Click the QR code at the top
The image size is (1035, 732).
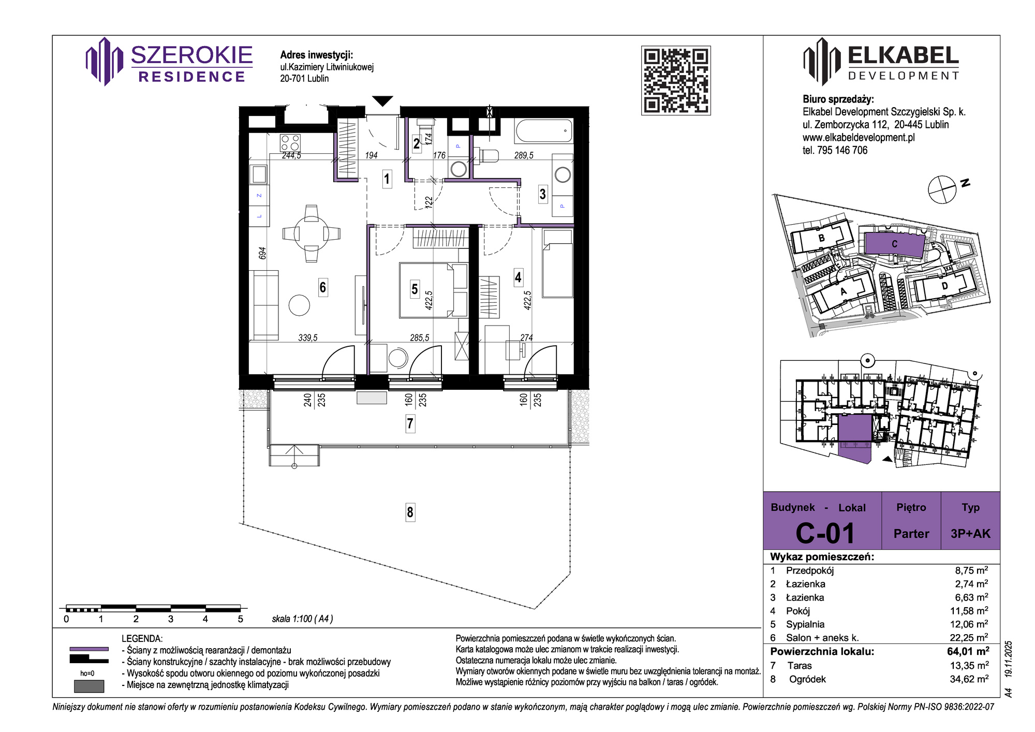coord(676,80)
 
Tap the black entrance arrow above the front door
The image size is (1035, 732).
coord(383,101)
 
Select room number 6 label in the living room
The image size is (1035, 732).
coord(323,287)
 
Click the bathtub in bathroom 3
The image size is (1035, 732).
coord(544,131)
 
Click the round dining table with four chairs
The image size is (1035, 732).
coord(312,233)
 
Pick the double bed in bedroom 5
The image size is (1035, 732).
coord(433,290)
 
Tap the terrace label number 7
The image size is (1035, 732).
coord(410,424)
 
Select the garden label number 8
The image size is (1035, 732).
coord(410,513)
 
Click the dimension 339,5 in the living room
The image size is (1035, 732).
coord(308,338)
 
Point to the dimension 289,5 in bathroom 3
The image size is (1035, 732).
coord(524,155)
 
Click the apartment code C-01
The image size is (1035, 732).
coord(825,533)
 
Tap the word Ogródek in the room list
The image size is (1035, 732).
coord(807,679)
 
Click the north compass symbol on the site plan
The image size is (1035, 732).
coord(942,189)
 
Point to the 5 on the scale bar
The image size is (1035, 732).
coord(240,619)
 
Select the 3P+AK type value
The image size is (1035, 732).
coord(970,534)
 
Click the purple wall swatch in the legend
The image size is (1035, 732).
coord(89,649)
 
